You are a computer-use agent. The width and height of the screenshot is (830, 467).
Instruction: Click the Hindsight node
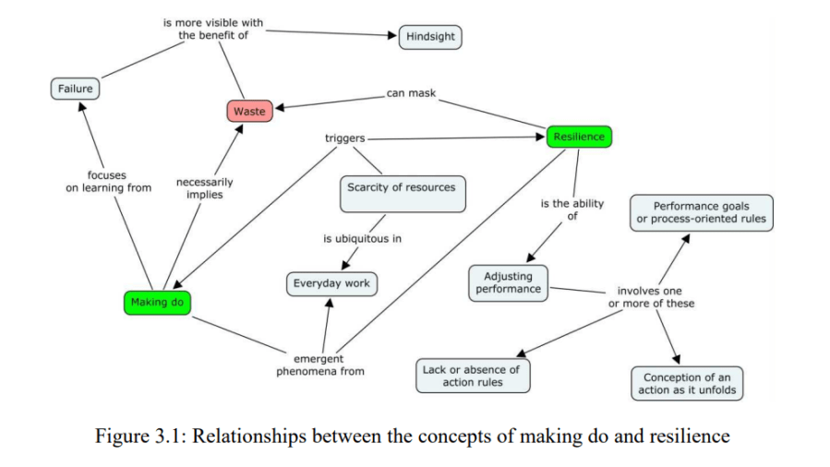[429, 37]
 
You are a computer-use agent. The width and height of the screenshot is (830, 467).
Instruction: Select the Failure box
[76, 89]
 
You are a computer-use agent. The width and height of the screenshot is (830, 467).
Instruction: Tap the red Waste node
[249, 112]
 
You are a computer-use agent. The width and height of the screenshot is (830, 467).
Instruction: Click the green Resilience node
[579, 137]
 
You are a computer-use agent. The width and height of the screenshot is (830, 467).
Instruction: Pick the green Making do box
[158, 302]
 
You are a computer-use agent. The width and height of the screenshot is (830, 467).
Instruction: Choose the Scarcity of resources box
[401, 192]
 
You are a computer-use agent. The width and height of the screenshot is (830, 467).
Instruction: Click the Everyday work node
[331, 283]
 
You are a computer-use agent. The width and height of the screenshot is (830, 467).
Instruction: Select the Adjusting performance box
[508, 282]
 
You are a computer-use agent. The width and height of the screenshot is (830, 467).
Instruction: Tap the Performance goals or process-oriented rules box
[701, 213]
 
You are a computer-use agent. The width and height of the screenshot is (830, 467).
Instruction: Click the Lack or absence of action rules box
[472, 376]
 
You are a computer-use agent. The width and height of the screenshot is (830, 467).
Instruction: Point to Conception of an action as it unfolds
[686, 383]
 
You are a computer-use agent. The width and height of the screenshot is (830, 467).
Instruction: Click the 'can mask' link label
[411, 93]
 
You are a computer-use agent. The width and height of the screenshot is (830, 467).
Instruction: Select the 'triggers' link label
[344, 138]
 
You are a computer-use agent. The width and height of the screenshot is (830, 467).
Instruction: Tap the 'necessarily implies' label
[204, 188]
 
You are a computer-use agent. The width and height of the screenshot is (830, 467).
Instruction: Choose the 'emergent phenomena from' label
[319, 365]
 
